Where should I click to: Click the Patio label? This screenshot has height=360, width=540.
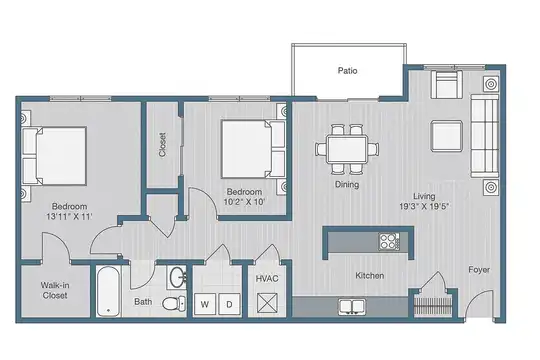coord(347,71)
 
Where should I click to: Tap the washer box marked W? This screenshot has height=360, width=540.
coord(205,304)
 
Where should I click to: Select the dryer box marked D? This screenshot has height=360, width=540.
coord(229,304)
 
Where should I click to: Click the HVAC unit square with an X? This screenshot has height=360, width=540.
coord(267,304)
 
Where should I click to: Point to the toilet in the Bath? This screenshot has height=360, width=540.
coord(174,303)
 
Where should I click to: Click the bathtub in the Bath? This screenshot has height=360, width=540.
coord(108,291)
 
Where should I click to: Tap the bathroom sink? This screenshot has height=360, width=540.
coord(178,277)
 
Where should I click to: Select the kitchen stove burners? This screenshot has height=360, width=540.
coord(389,241)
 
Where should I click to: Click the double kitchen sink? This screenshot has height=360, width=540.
coord(352,307)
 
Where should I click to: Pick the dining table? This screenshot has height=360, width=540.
coord(347,149)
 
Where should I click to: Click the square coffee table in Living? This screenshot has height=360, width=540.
coord(446,136)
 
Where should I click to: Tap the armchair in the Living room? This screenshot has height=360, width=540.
coord(446,85)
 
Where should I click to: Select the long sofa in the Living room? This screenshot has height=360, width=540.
coord(485,135)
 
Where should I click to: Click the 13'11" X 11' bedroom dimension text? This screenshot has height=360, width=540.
coord(69,217)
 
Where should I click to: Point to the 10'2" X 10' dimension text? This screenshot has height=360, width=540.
coord(244,202)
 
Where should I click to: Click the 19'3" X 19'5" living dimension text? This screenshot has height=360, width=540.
coord(424,206)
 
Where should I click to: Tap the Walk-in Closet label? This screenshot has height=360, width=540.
coord(55,290)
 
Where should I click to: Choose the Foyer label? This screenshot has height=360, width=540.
coord(479,269)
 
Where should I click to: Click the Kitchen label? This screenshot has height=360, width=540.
coord(370,276)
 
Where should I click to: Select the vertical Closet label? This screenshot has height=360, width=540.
coord(163,145)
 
